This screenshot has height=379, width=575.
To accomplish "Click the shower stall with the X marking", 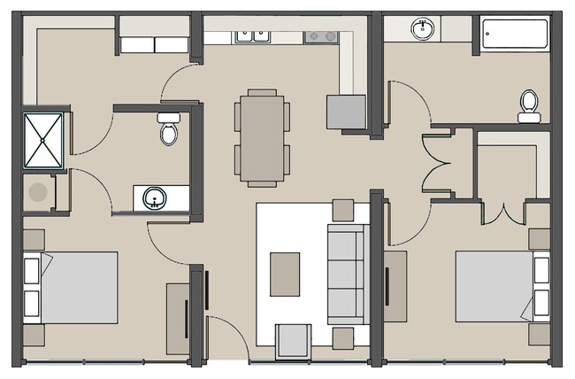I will coord(42,139).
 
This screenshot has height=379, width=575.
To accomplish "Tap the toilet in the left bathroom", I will coord(169,131).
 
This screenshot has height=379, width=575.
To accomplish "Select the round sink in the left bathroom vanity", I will coord(153,197).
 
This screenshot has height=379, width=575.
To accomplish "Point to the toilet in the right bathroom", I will coord(529,105).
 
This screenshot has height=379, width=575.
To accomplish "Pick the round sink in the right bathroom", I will coord(423,29).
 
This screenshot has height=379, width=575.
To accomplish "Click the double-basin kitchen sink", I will coord(252,36).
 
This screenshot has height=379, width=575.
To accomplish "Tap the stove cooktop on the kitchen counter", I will coord(321,36).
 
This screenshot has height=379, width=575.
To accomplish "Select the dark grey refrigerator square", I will coord(346,112).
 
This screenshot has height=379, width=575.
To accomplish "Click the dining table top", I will coord(262,137).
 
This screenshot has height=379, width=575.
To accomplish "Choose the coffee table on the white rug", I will coord(284,274).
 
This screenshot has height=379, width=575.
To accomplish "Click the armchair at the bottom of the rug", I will coord(293,341).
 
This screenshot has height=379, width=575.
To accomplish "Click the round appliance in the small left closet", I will coord(38,191).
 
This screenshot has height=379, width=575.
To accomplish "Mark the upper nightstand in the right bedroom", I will coord(540,239).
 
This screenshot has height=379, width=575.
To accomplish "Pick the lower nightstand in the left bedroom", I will coord(34,335).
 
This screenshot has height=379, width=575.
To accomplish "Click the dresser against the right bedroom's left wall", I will coord(395,286).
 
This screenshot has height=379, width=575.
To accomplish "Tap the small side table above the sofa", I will coord(343,210).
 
